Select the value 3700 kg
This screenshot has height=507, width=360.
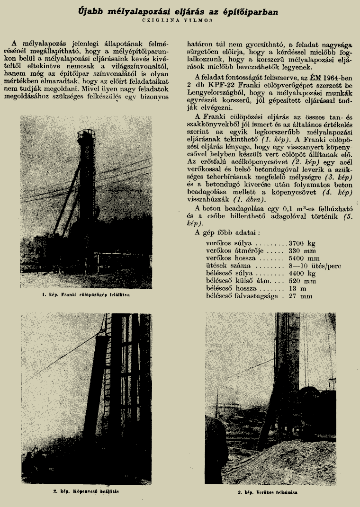tap(301, 243)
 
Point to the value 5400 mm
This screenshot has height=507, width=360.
tap(304, 258)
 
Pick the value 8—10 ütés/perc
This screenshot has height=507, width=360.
tap(314, 266)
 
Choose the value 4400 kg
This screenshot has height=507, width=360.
tap(301, 274)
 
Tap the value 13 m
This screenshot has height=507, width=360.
tap(296, 289)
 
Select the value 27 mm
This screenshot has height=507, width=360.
tap(300, 296)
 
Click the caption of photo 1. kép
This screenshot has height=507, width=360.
tap(86, 294)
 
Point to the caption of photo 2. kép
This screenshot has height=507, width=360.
tap(85, 491)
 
